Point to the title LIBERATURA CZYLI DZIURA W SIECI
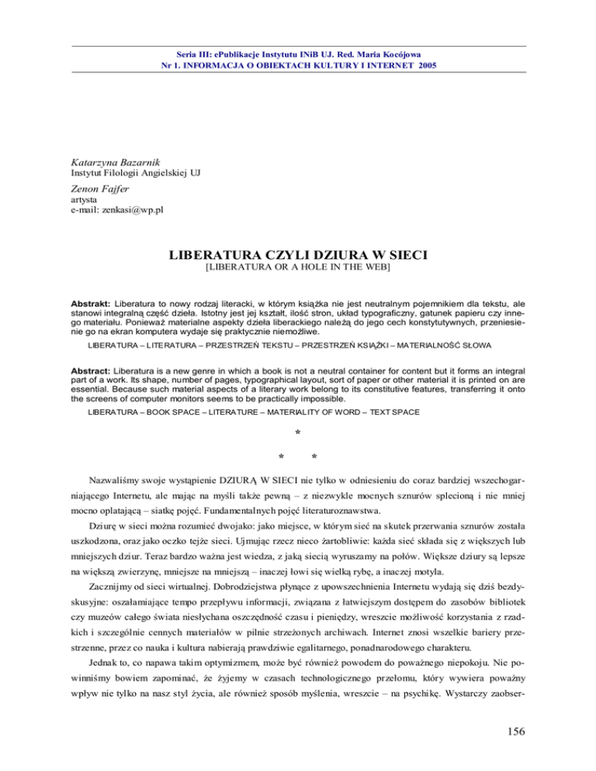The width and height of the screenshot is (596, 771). point(298,254)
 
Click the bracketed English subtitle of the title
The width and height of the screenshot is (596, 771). point(298,268)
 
